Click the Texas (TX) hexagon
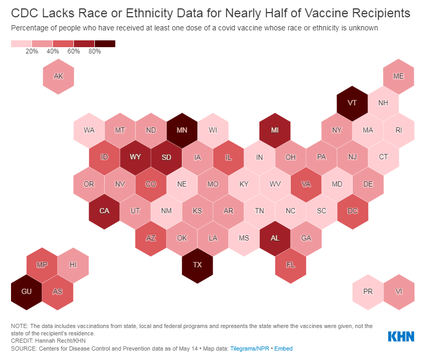(x=197, y=265)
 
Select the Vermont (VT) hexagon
(x=352, y=102)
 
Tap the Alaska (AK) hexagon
(x=58, y=76)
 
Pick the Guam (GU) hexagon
(x=26, y=291)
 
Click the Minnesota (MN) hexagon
(x=182, y=129)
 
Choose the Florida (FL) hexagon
(x=290, y=265)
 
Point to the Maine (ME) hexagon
(x=399, y=76)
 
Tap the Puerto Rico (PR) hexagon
(x=368, y=291)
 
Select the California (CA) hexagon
(x=104, y=211)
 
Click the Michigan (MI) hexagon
(x=275, y=129)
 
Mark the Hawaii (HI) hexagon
(x=73, y=265)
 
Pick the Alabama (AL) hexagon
(x=275, y=237)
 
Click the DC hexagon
(x=352, y=211)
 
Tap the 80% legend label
(x=95, y=51)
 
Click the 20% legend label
(x=32, y=51)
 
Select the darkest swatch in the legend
(x=105, y=43)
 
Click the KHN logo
(x=401, y=336)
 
